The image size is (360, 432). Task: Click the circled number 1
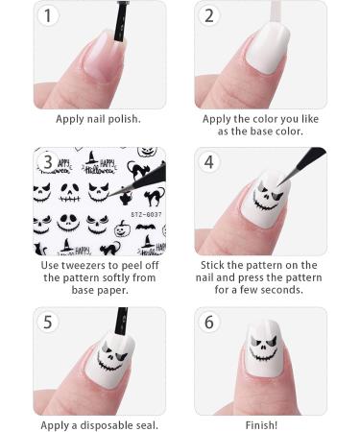(x=48, y=15)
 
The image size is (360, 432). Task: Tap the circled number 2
(x=209, y=15)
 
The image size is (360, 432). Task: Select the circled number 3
(x=48, y=161)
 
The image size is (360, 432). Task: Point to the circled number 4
(x=209, y=161)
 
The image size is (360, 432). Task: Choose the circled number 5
(x=48, y=322)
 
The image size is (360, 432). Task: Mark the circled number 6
(x=209, y=322)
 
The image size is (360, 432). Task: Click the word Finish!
(x=261, y=425)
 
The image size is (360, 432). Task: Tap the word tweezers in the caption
(x=84, y=265)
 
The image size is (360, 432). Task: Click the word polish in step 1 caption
(x=125, y=119)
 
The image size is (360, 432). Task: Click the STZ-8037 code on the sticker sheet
(x=146, y=214)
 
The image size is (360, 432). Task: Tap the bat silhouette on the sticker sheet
(x=146, y=228)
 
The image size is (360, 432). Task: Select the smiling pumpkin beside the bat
(x=121, y=228)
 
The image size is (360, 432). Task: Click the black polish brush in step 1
(x=121, y=21)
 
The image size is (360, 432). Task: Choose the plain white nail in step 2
(x=268, y=49)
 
